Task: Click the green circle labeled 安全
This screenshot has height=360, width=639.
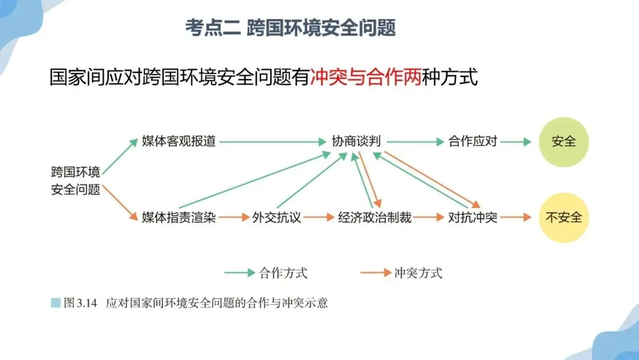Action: coord(563,142)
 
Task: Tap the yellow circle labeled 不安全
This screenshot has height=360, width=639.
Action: coord(563,217)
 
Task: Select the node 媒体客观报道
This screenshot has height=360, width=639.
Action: coord(179,142)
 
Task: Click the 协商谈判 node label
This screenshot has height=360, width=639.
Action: coord(356,142)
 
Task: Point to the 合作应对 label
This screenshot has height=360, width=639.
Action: coord(473,142)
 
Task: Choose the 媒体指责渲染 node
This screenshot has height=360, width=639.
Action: coord(179,217)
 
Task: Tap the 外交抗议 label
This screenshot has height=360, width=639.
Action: coord(277,217)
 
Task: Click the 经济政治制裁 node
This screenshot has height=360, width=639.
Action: coord(375,217)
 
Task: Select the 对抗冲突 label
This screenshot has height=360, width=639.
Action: coord(473,217)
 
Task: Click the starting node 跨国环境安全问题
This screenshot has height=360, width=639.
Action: coord(75,181)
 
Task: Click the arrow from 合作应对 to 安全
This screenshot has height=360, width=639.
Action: coord(517,142)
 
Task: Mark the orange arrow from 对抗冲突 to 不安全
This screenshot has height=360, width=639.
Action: coord(517,217)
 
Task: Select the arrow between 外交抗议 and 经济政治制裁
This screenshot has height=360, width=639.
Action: coord(320,217)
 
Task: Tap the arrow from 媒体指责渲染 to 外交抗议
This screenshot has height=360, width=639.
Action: coord(234,217)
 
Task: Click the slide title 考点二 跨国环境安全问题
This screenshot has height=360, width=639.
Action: coord(291,28)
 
